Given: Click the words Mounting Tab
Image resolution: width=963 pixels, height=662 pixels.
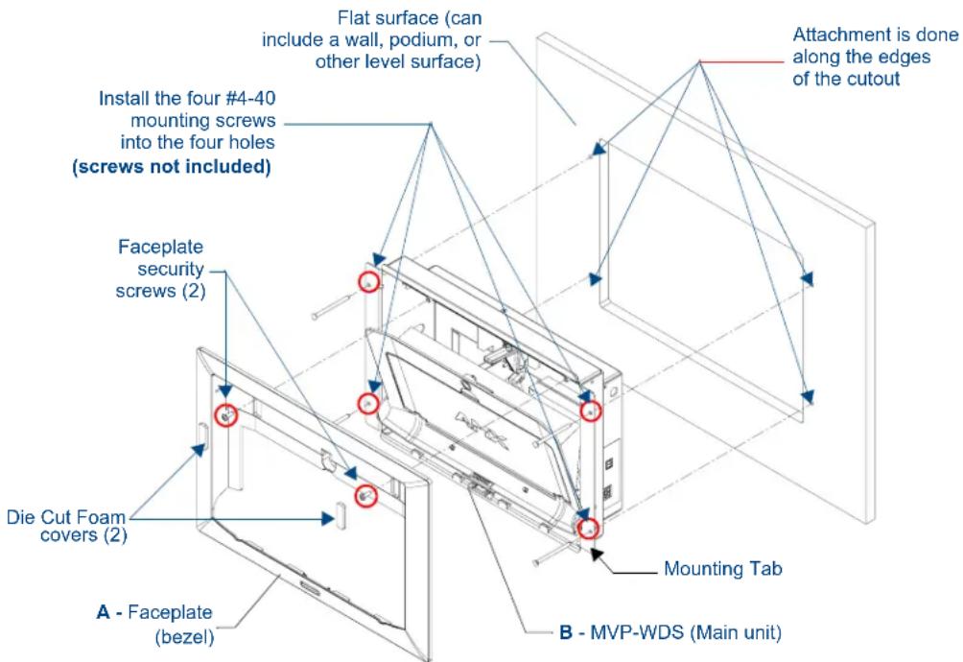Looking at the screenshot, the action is (x=723, y=569).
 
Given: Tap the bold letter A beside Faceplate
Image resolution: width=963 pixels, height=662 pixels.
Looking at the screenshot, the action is (x=104, y=612).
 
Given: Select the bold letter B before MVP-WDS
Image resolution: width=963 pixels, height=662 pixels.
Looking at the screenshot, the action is (x=566, y=632).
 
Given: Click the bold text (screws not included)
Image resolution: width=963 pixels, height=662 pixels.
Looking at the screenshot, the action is (x=172, y=166).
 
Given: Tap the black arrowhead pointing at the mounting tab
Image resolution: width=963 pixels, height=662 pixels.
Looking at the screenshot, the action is (x=596, y=554).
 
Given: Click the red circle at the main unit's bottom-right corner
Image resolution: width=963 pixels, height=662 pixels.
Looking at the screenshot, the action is (x=588, y=528).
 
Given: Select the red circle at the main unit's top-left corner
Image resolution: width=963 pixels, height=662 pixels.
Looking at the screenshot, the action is (x=368, y=282).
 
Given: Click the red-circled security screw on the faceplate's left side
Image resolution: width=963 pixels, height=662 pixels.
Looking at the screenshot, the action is (x=226, y=415).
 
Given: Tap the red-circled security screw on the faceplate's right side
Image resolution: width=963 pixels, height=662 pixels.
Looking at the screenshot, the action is (x=366, y=496).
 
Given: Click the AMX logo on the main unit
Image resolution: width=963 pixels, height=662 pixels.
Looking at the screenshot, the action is (x=481, y=430).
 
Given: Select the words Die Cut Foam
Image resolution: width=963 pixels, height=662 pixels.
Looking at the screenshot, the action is (x=66, y=517).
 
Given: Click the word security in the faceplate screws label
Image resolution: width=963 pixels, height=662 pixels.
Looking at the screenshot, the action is (x=171, y=269).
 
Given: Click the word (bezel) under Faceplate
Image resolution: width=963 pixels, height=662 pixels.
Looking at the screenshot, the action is (x=184, y=637).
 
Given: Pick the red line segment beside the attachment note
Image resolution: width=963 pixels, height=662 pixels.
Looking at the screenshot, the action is (x=741, y=61).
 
